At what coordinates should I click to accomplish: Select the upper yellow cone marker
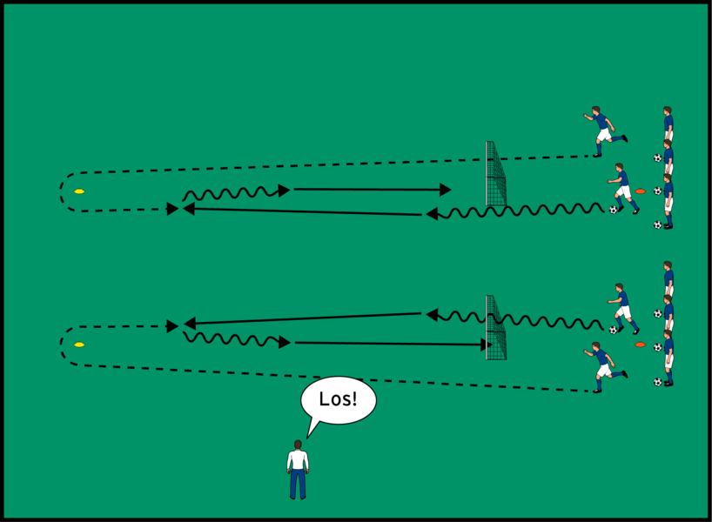tap(79, 191)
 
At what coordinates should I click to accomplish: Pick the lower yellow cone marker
tap(79, 345)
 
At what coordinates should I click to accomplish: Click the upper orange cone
tap(641, 191)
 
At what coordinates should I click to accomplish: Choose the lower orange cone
tap(641, 345)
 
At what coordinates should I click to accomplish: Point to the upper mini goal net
tap(495, 174)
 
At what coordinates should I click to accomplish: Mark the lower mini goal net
tap(495, 328)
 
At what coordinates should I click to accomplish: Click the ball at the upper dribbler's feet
tap(614, 210)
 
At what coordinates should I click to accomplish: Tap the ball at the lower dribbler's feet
tap(614, 330)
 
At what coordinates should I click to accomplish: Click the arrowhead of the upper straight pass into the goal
tap(446, 189)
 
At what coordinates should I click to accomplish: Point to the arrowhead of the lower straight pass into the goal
tap(483, 345)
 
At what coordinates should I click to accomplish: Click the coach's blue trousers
tap(298, 484)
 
